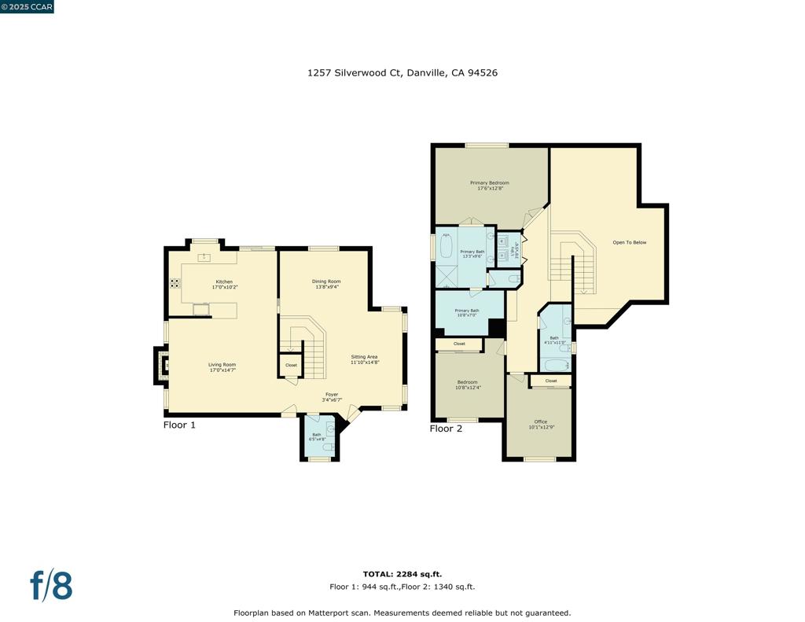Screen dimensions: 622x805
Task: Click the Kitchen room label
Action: (x=224, y=282)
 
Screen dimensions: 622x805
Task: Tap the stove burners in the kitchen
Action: (x=174, y=283)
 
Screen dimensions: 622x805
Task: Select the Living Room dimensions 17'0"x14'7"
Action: (x=222, y=370)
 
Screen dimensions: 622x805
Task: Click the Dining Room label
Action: (x=326, y=282)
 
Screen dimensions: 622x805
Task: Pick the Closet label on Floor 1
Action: (x=291, y=365)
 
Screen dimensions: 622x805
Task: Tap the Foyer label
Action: (x=333, y=395)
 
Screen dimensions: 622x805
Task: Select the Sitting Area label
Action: (x=365, y=356)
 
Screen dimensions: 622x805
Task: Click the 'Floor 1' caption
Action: (x=179, y=425)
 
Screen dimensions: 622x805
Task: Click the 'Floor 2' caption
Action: (x=446, y=429)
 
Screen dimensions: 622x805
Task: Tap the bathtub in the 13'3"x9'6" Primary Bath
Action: (x=445, y=248)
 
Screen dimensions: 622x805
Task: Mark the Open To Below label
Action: (x=630, y=242)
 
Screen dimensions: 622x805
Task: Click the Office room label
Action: (x=541, y=421)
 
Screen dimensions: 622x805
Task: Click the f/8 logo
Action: (x=51, y=586)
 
